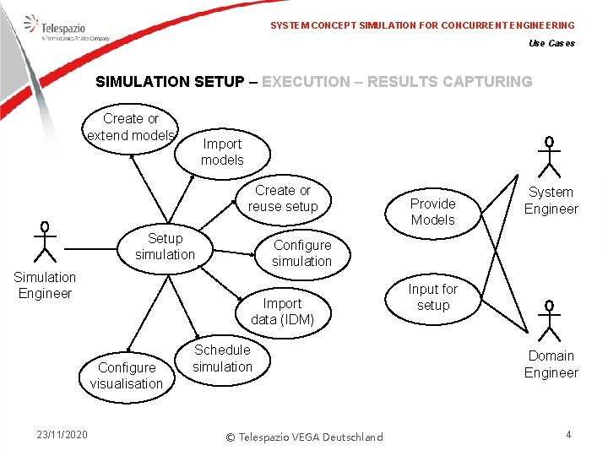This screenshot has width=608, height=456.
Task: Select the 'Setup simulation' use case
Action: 165,247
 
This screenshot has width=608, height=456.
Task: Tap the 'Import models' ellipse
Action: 222,152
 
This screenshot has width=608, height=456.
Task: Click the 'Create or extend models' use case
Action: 131,128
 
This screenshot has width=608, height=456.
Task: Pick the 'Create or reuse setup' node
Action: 283,198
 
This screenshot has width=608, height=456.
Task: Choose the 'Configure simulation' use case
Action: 301,253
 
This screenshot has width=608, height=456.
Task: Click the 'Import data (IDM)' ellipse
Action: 282,312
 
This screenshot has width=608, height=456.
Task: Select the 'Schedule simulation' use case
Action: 222,358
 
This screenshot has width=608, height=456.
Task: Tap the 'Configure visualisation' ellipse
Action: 127,376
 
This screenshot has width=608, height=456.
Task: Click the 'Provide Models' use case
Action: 432,211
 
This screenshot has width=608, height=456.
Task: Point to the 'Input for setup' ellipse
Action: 432,297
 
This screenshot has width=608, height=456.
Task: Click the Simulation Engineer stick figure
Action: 44,242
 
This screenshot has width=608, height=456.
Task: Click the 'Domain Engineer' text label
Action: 551,364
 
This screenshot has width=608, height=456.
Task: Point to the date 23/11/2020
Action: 62,435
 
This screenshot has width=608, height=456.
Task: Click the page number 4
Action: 568,435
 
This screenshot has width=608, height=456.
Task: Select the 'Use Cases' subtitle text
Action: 551,44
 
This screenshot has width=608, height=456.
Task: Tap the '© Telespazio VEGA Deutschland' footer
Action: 304,437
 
